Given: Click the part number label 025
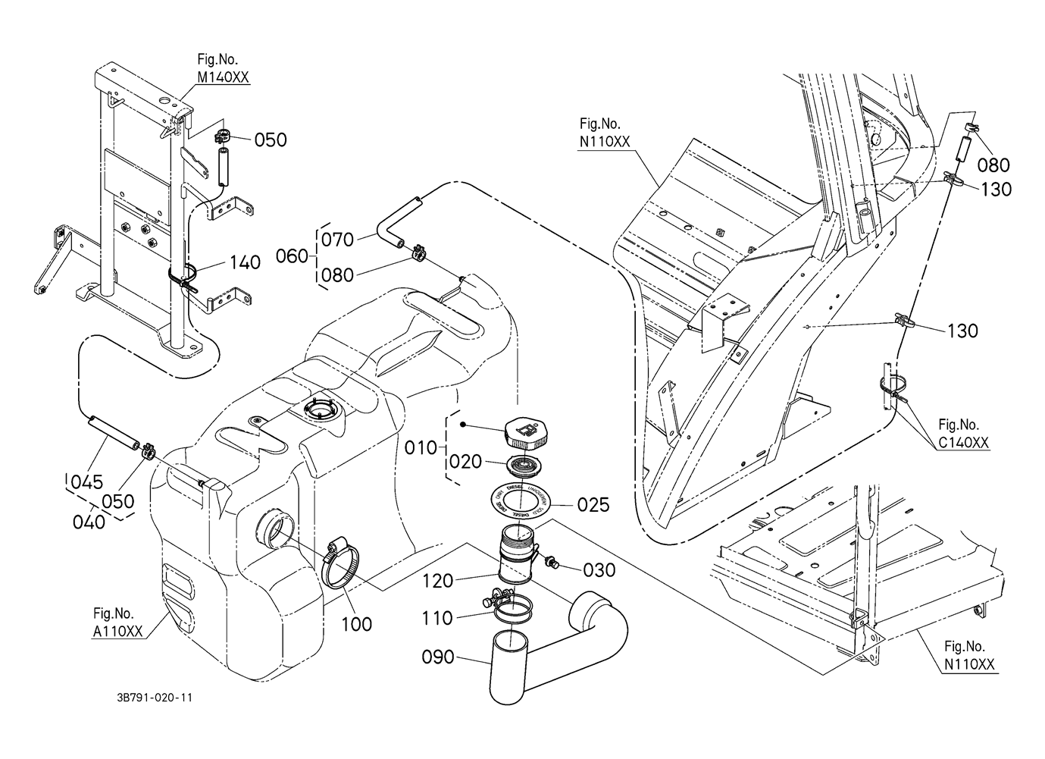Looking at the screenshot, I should pyautogui.click(x=593, y=504).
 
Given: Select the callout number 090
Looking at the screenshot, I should pyautogui.click(x=438, y=657).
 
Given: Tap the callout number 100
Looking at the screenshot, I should pyautogui.click(x=356, y=624).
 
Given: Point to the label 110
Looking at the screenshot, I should pyautogui.click(x=437, y=619).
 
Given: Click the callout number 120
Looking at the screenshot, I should pyautogui.click(x=438, y=582).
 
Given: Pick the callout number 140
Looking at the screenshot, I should pyautogui.click(x=244, y=263).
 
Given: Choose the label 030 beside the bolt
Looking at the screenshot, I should pyautogui.click(x=599, y=569).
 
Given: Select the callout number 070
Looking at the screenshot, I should pyautogui.click(x=338, y=240).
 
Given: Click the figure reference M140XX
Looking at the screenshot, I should pyautogui.click(x=223, y=77).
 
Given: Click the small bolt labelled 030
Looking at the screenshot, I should pyautogui.click(x=552, y=563).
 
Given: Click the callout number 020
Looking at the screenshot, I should pyautogui.click(x=464, y=462).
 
